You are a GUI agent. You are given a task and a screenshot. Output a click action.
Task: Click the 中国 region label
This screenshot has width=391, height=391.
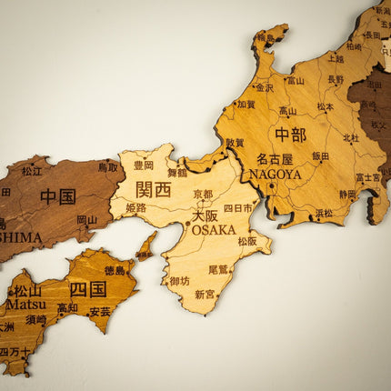click(57, 196)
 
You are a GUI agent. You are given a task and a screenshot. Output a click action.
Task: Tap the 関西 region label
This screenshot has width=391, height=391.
click(153, 189)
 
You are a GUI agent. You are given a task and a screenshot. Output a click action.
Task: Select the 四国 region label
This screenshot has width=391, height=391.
click(88, 289)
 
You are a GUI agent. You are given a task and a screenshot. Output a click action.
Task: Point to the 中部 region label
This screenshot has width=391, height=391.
click(290, 135)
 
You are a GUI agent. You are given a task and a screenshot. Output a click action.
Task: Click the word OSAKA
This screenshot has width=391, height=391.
click(213, 229)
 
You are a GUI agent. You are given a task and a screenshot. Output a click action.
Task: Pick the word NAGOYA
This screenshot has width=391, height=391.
click(275, 174)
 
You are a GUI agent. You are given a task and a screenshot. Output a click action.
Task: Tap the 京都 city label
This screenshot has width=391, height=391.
click(203, 195)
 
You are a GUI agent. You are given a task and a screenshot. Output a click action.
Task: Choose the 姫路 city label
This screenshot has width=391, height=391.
click(135, 208)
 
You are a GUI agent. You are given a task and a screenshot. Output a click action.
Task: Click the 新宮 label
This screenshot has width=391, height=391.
click(206, 294)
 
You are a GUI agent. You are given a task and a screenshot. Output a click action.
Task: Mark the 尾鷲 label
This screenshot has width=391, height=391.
click(218, 269)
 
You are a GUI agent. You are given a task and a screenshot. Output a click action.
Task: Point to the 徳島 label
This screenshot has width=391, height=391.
click(115, 270)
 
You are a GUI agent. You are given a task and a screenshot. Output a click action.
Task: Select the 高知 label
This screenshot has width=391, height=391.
click(67, 308)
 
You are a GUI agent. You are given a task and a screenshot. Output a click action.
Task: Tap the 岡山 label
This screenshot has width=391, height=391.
click(86, 219)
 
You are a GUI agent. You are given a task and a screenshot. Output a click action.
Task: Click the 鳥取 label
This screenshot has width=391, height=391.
click(107, 167)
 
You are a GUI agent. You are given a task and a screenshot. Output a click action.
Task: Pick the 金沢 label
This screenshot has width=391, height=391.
click(264, 88)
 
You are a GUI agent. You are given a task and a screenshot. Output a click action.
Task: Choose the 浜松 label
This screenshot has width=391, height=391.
click(324, 213)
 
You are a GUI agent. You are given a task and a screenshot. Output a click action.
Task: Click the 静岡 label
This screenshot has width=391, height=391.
click(348, 194)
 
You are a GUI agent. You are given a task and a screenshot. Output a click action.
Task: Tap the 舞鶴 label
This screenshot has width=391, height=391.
click(176, 172)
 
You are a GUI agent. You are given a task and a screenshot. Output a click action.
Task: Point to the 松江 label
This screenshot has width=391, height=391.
click(32, 170)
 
